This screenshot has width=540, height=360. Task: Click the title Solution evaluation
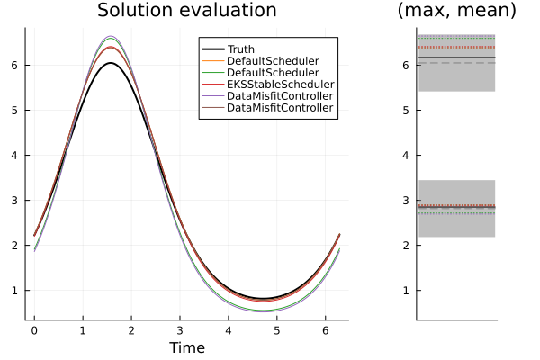[186, 11]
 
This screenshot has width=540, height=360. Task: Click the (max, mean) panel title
[456, 11]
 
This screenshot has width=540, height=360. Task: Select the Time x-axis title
[186, 347]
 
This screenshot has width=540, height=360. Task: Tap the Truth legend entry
[240, 49]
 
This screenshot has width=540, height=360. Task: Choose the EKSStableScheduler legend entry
[272, 85]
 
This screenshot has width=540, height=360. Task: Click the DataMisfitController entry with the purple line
[280, 96]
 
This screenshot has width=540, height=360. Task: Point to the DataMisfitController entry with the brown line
[280, 108]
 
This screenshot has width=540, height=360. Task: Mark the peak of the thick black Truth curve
[110, 63]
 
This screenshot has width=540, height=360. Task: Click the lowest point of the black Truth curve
[260, 298]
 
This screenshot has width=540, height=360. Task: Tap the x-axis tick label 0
[34, 330]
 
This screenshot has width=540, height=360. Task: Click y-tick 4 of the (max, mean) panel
[407, 155]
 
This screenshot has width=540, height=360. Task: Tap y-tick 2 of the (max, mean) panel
[407, 245]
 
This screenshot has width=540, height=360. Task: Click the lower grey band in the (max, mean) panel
[456, 225]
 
